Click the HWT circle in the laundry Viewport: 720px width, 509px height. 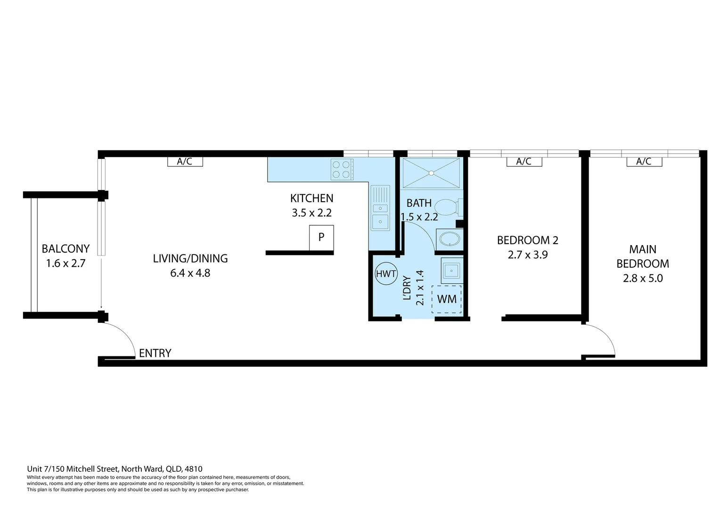pyautogui.click(x=386, y=274)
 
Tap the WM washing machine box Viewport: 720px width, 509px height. pyautogui.click(x=446, y=299)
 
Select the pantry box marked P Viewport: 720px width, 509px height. pyautogui.click(x=321, y=238)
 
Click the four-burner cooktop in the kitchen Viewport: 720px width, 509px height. pyautogui.click(x=342, y=170)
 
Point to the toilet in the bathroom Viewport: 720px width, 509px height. pyautogui.click(x=450, y=207)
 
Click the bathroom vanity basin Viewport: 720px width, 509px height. pyautogui.click(x=450, y=239)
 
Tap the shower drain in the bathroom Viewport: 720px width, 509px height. pyautogui.click(x=431, y=173)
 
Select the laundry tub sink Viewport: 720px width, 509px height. pyautogui.click(x=452, y=271)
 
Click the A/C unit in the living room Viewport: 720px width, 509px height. pyautogui.click(x=185, y=161)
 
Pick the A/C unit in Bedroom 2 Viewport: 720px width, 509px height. pyautogui.click(x=524, y=161)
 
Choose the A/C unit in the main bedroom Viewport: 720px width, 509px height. pyautogui.click(x=644, y=161)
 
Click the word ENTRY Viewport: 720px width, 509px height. pyautogui.click(x=155, y=353)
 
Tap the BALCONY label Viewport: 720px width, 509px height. pyautogui.click(x=65, y=248)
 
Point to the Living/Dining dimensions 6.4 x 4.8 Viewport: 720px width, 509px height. pyautogui.click(x=190, y=273)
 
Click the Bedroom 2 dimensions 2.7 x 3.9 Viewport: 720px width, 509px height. pyautogui.click(x=527, y=254)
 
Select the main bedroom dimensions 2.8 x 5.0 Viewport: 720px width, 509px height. pyautogui.click(x=643, y=278)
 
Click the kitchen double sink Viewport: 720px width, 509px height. pyautogui.click(x=380, y=208)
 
